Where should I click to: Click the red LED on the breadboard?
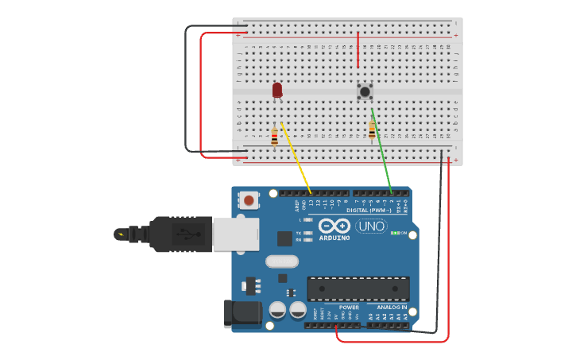(x=276, y=90)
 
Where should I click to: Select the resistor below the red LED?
(x=275, y=137)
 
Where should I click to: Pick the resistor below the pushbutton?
(x=372, y=131)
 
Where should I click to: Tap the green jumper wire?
(x=382, y=152)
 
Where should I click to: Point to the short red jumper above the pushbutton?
(x=358, y=49)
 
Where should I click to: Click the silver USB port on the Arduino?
(x=236, y=234)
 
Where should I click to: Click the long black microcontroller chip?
(x=358, y=288)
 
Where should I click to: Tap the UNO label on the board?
(x=371, y=226)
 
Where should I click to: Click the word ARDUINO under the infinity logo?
(x=334, y=238)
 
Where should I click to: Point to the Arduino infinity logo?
(x=334, y=226)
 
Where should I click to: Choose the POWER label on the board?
(x=349, y=307)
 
